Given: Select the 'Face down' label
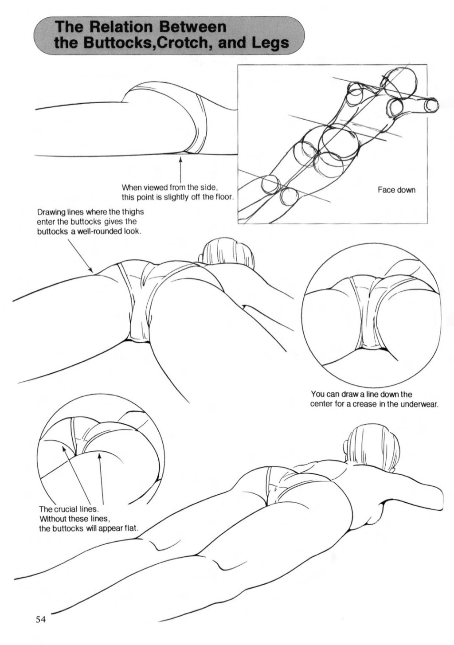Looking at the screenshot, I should pyautogui.click(x=396, y=190).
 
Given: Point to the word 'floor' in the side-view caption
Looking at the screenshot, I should pyautogui.click(x=222, y=197).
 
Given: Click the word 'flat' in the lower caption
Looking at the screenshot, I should pyautogui.click(x=132, y=528).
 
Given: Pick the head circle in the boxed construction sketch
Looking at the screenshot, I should pyautogui.click(x=401, y=84).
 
